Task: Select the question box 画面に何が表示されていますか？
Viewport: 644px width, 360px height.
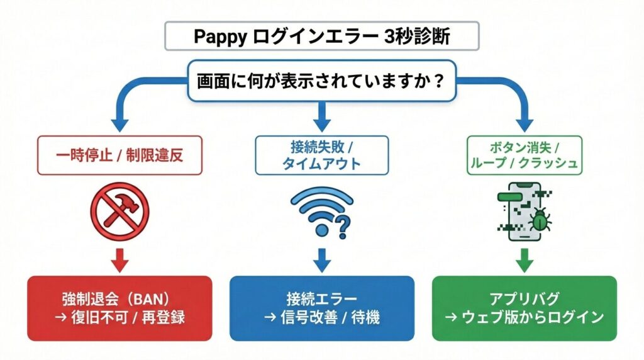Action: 321,81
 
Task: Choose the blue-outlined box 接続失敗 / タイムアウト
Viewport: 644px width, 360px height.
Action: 321,155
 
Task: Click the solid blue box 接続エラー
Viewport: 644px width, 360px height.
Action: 321,307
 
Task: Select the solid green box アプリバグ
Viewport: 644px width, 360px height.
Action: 525,307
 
